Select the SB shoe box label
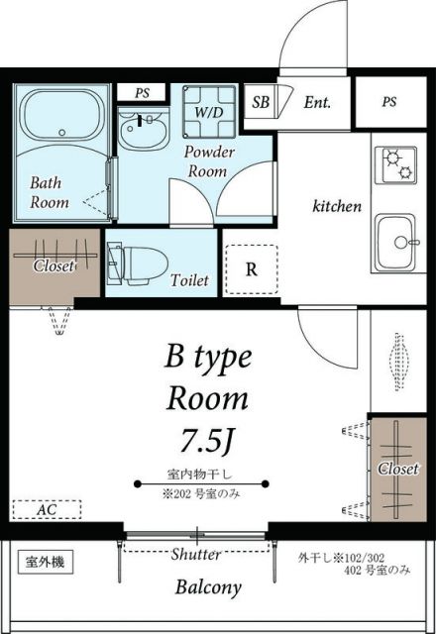pyautogui.click(x=262, y=102)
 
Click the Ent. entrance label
pyautogui.click(x=317, y=101)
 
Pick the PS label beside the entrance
pyautogui.click(x=389, y=102)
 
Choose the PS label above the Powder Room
pyautogui.click(x=142, y=93)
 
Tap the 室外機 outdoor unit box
pyautogui.click(x=45, y=563)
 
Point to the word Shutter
pyautogui.click(x=195, y=554)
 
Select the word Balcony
pyautogui.click(x=208, y=587)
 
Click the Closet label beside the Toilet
pyautogui.click(x=54, y=265)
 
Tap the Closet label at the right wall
pyautogui.click(x=397, y=469)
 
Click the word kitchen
pyautogui.click(x=337, y=207)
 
